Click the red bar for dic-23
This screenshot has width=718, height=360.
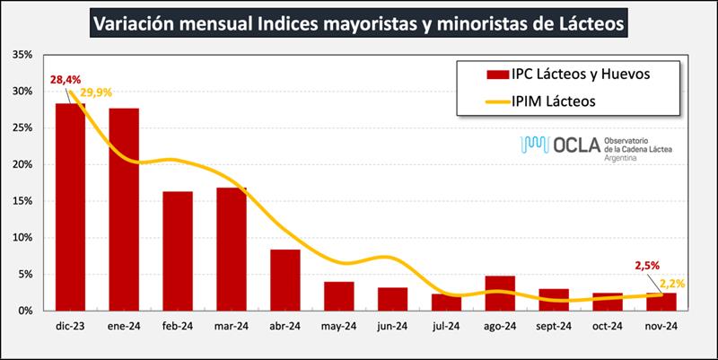tap(70, 206)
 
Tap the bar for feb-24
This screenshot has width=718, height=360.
tap(178, 250)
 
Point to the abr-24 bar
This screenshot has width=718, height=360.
tap(285, 279)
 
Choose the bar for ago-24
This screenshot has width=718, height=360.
tap(501, 293)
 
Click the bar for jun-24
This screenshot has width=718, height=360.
tap(393, 298)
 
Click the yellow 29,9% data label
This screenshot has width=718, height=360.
tap(96, 92)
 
